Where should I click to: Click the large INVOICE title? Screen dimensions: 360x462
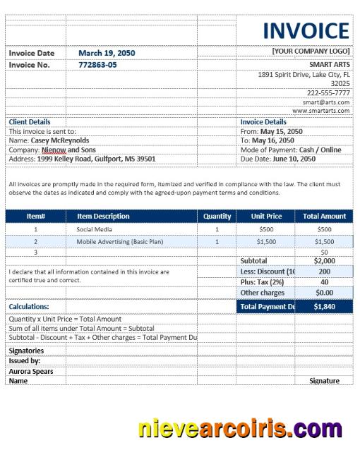(306, 31)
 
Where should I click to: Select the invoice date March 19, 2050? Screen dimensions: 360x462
(107, 53)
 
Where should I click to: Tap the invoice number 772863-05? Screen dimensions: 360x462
(97, 65)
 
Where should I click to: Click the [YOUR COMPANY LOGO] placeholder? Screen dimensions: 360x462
(311, 51)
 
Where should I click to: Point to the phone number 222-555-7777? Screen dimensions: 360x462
(328, 92)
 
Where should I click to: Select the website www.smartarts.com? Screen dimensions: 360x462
(321, 111)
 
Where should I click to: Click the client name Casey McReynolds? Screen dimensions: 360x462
(60, 140)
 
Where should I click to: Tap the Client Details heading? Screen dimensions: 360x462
(30, 122)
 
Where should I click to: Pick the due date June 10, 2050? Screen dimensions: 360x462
(292, 159)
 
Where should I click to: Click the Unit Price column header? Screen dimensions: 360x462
(266, 217)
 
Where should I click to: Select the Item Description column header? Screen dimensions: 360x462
(103, 217)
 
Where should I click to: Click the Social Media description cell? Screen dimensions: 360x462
(93, 229)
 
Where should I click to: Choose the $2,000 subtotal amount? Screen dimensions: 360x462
(324, 261)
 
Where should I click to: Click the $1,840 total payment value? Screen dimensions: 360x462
(324, 307)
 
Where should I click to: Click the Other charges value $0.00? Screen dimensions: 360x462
(324, 293)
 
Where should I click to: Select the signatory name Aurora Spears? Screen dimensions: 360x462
(31, 372)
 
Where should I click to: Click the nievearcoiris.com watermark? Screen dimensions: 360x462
(240, 428)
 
